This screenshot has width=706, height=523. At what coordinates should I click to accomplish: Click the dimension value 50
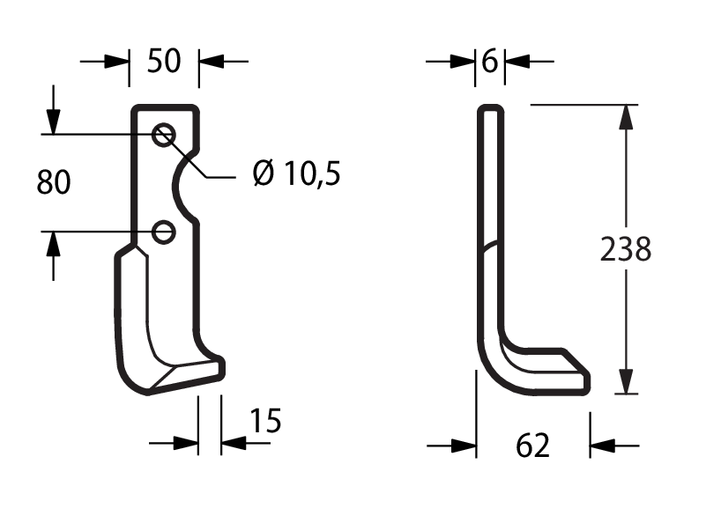point(164,61)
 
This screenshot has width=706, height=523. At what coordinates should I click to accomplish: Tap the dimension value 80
point(54,182)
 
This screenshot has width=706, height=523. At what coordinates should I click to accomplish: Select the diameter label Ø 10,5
point(297,173)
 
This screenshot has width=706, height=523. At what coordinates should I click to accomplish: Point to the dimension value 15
point(265,421)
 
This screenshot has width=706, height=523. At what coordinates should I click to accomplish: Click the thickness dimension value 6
point(490,61)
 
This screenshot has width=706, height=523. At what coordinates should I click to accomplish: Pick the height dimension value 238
point(626,249)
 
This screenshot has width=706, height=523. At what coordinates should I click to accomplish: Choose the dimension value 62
point(532,446)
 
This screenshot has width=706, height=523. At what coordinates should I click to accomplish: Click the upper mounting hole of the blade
point(163,135)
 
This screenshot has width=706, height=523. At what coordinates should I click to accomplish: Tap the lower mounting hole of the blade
point(163,232)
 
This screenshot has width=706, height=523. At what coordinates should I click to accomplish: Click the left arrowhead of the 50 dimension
point(116,61)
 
